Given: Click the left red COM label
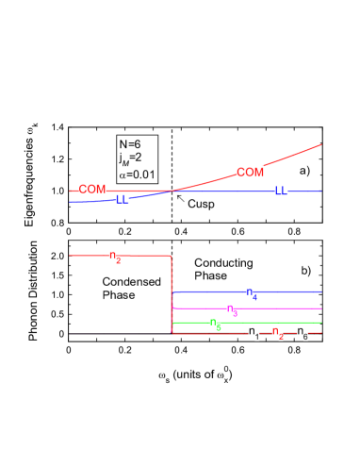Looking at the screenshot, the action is pos(92,190).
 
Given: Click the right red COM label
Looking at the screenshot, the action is pos(250,172).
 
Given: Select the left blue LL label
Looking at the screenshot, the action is pos(123,200).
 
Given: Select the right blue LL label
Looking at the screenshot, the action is pos(281,191).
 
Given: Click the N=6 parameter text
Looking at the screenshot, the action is pos(129,143).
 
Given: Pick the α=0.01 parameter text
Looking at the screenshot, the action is pos(137,175).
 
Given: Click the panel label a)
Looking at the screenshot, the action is pos(304,171).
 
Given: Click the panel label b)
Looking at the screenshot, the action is pos(305,272).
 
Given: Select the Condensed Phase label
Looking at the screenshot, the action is pos(131,289).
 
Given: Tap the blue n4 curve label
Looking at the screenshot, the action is pos(253,293).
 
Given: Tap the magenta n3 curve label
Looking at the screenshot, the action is pos(232,309).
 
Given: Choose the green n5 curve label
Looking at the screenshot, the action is pos(216,325).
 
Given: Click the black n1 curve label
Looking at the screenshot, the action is pos(254,333).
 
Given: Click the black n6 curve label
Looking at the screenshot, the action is pos(303,333).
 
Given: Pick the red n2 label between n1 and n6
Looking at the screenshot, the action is pos(277,333).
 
